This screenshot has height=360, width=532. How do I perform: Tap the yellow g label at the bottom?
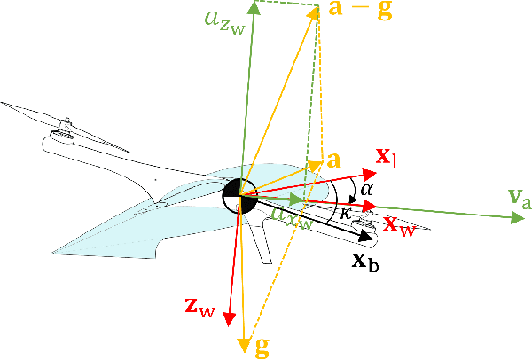[262, 346]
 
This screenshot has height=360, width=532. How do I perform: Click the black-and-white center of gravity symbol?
[239, 195]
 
